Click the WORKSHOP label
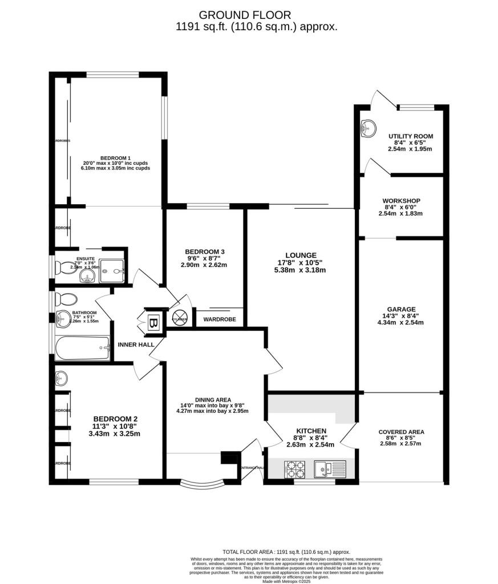click(401, 201)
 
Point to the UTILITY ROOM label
click(410, 136)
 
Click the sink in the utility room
click(366, 129)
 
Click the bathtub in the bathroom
click(82, 347)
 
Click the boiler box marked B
click(152, 322)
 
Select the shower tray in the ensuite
click(112, 271)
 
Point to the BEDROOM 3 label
click(205, 252)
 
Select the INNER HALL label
click(133, 345)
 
